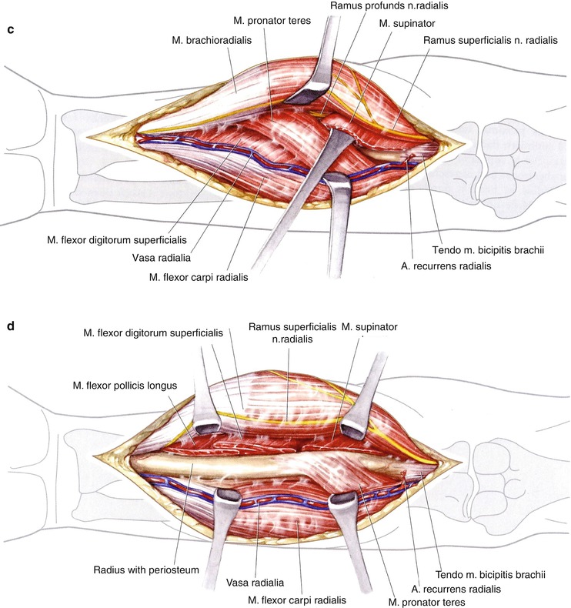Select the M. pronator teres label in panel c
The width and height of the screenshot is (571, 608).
[x=272, y=21]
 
